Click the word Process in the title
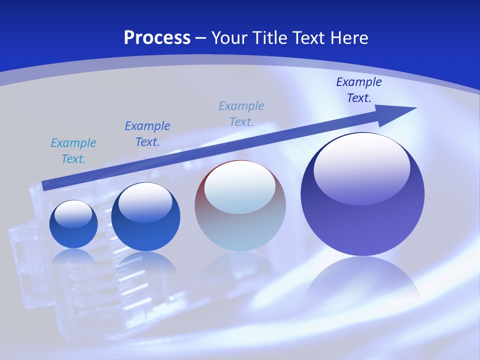[x=157, y=37]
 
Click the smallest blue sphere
[x=73, y=225]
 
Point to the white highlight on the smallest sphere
[x=73, y=214]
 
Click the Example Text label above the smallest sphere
[x=73, y=151]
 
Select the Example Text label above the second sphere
[x=147, y=134]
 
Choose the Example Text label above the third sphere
[x=241, y=113]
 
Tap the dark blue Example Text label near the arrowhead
[x=358, y=90]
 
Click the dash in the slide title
[x=200, y=38]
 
